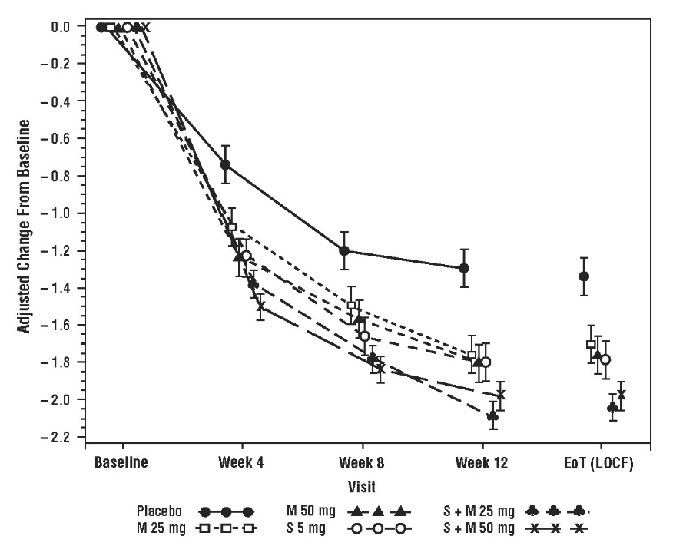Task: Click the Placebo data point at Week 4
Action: [225, 164]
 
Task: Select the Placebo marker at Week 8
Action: [344, 250]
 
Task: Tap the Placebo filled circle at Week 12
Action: [463, 268]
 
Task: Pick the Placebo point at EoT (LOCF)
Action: [584, 276]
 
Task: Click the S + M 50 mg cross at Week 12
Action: [501, 395]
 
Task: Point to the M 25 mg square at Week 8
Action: [352, 306]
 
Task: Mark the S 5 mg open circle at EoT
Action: [605, 359]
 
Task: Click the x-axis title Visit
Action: [362, 486]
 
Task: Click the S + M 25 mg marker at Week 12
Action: [492, 416]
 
